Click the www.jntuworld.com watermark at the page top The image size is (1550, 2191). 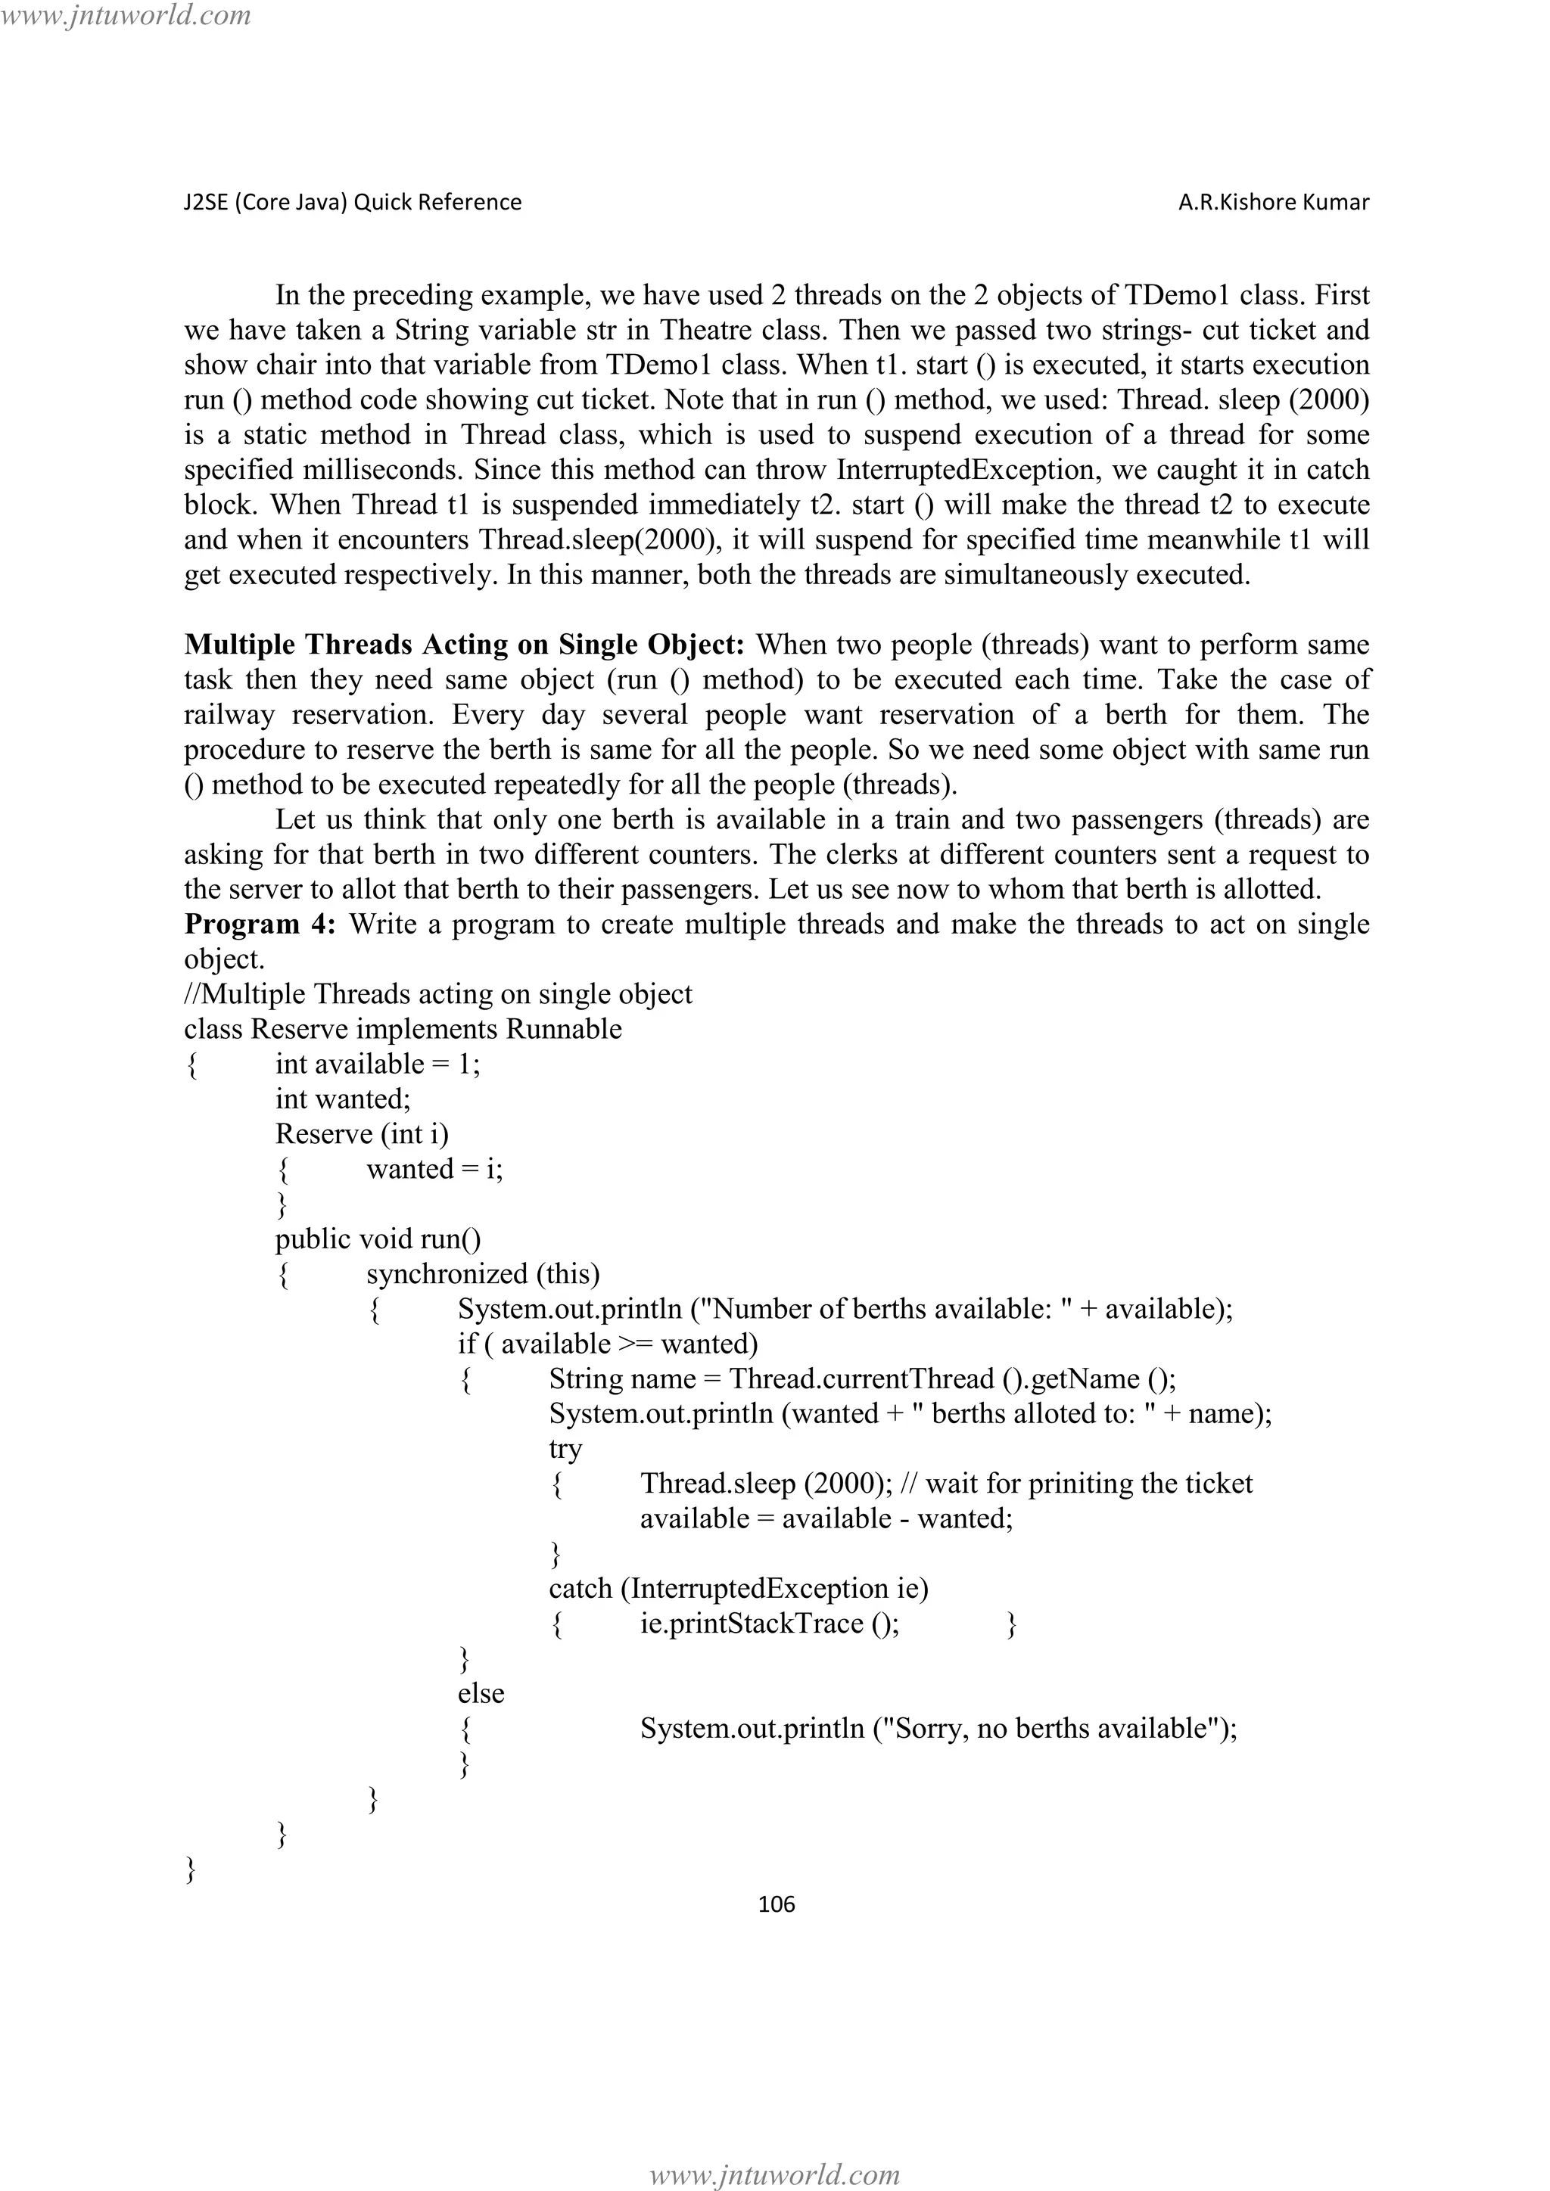[126, 15]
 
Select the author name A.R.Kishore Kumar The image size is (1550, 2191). [1273, 202]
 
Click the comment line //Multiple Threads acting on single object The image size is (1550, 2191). [438, 994]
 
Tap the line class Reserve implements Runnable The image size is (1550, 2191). [403, 1029]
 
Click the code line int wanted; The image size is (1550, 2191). [343, 1099]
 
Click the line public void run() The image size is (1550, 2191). [378, 1238]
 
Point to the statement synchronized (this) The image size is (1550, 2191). [483, 1274]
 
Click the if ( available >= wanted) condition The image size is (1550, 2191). [608, 1344]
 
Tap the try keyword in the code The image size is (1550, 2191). [565, 1449]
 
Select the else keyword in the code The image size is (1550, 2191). [481, 1694]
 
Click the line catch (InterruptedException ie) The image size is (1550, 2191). [739, 1589]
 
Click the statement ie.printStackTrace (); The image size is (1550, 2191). [769, 1624]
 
